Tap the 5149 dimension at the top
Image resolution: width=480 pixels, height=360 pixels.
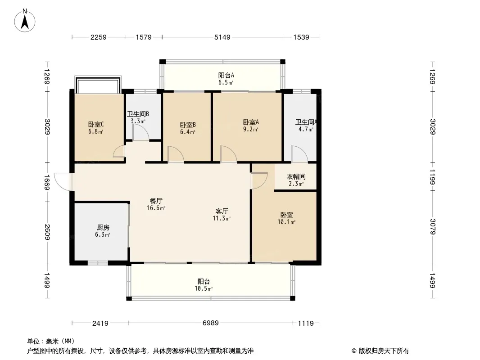(x=222, y=37)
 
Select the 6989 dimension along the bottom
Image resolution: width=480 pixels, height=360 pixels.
(x=211, y=323)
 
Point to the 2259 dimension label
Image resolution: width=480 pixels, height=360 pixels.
(x=98, y=37)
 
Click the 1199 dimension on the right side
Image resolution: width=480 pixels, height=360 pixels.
(x=433, y=177)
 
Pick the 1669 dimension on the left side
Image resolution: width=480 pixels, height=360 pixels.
(x=47, y=182)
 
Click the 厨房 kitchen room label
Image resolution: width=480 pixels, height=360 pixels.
(x=103, y=227)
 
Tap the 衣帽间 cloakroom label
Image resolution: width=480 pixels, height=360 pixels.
(x=296, y=176)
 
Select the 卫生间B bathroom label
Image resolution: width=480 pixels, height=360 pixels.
(x=138, y=114)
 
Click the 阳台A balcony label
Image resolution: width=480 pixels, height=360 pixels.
(x=226, y=75)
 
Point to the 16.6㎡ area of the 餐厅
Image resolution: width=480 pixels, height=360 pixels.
(x=156, y=208)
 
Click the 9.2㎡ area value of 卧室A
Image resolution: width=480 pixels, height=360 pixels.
(x=250, y=129)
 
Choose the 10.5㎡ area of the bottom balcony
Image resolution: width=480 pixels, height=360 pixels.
(x=204, y=288)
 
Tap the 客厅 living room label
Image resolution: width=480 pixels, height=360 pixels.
(x=222, y=211)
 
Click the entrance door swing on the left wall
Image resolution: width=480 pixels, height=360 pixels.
(x=63, y=182)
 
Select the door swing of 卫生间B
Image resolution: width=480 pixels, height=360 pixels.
(x=141, y=133)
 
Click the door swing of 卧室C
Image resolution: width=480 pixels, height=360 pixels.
(x=119, y=151)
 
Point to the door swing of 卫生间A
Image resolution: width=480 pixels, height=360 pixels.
(x=299, y=154)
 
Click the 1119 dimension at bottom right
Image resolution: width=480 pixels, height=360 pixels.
(x=306, y=323)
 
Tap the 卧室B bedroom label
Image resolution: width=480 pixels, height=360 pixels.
(x=188, y=125)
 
